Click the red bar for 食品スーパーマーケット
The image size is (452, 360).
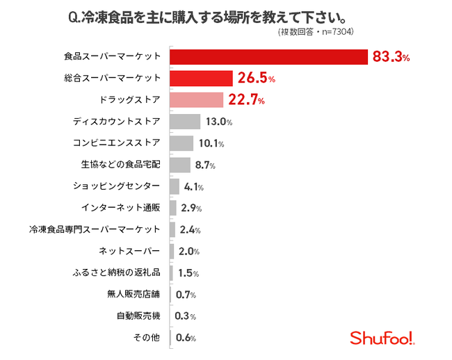[268, 57]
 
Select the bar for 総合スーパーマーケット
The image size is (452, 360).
[201, 79]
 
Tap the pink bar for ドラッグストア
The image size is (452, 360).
[196, 100]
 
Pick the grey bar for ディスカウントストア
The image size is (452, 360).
[184, 122]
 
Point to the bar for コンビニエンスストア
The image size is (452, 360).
[181, 143]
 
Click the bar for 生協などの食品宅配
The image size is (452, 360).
[179, 165]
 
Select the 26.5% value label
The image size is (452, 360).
[257, 79]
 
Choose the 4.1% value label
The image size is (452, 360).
[193, 186]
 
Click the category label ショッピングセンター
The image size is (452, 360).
[117, 186]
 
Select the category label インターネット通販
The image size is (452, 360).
[121, 208]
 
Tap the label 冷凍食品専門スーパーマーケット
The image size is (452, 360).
[95, 229]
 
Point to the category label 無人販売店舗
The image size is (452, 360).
[139, 294]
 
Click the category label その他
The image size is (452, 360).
[147, 338]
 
